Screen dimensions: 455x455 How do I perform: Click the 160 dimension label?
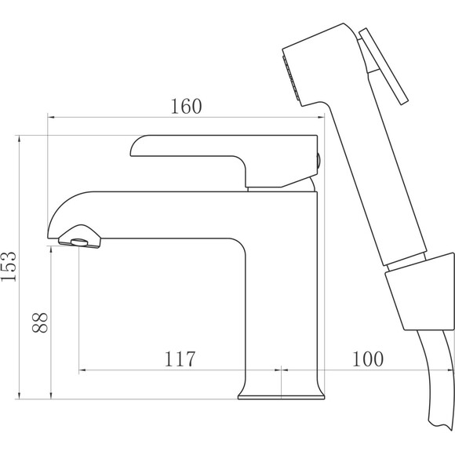pos(186,106)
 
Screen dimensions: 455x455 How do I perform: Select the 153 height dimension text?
pos(9,267)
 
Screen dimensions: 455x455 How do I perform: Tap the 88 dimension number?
pos(40,322)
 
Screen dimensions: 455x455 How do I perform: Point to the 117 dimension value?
pos(180,359)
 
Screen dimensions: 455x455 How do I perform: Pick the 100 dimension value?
pos(368,359)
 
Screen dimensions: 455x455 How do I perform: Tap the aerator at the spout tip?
pos(80,242)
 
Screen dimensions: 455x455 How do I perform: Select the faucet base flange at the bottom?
pos(281,397)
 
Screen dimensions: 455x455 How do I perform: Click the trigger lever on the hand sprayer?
pos(383,66)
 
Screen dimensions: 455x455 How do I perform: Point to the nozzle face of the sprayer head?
pos(291,78)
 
